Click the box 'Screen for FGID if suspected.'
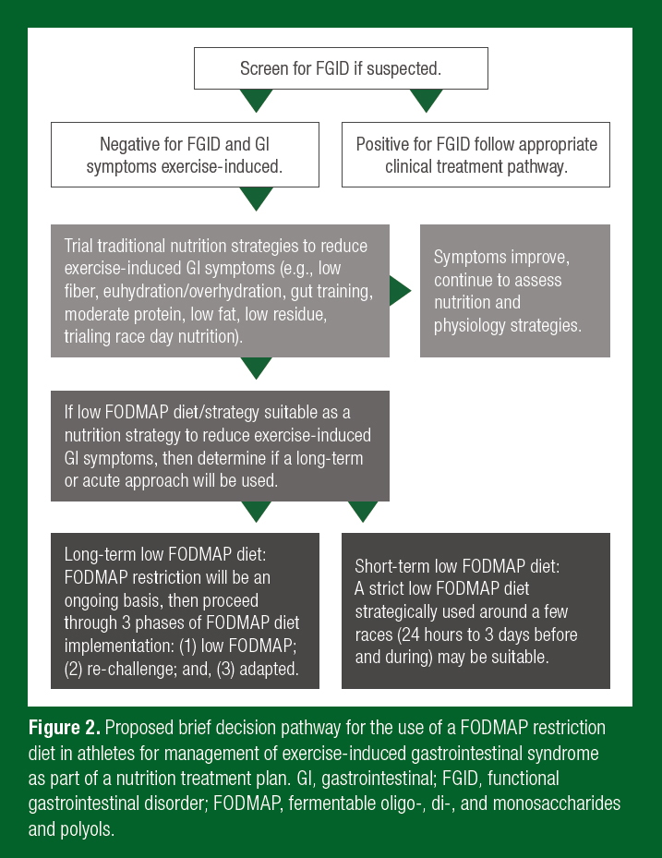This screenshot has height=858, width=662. pyautogui.click(x=340, y=68)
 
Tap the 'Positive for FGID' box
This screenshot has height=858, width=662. pyautogui.click(x=476, y=155)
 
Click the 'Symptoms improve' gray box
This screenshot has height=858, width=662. pyautogui.click(x=514, y=291)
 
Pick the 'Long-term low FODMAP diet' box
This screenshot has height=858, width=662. pyautogui.click(x=185, y=610)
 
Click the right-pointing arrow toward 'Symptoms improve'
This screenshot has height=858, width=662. pyautogui.click(x=400, y=291)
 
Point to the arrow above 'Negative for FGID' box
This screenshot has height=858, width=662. pyautogui.click(x=256, y=100)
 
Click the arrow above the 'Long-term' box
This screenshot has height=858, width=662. pyautogui.click(x=256, y=512)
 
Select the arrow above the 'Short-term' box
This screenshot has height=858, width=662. pyautogui.click(x=363, y=512)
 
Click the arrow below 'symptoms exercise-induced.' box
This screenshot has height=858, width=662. pyautogui.click(x=256, y=199)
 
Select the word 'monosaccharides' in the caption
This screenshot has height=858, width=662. pyautogui.click(x=564, y=803)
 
